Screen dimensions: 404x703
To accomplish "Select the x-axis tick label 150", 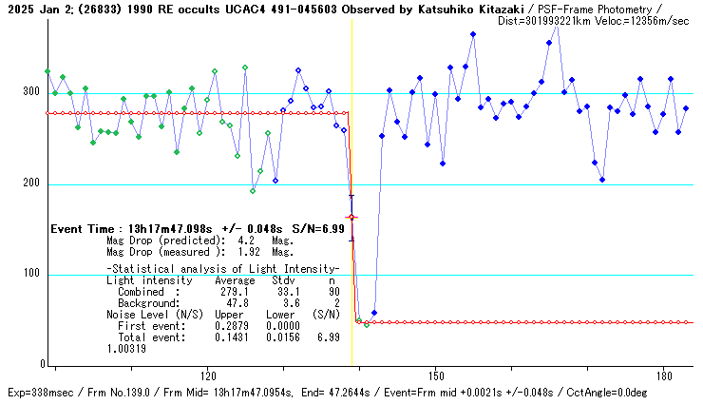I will (x=435, y=375).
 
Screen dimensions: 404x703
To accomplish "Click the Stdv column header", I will (x=283, y=281).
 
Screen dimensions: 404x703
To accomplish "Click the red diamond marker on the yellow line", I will (x=351, y=218).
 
